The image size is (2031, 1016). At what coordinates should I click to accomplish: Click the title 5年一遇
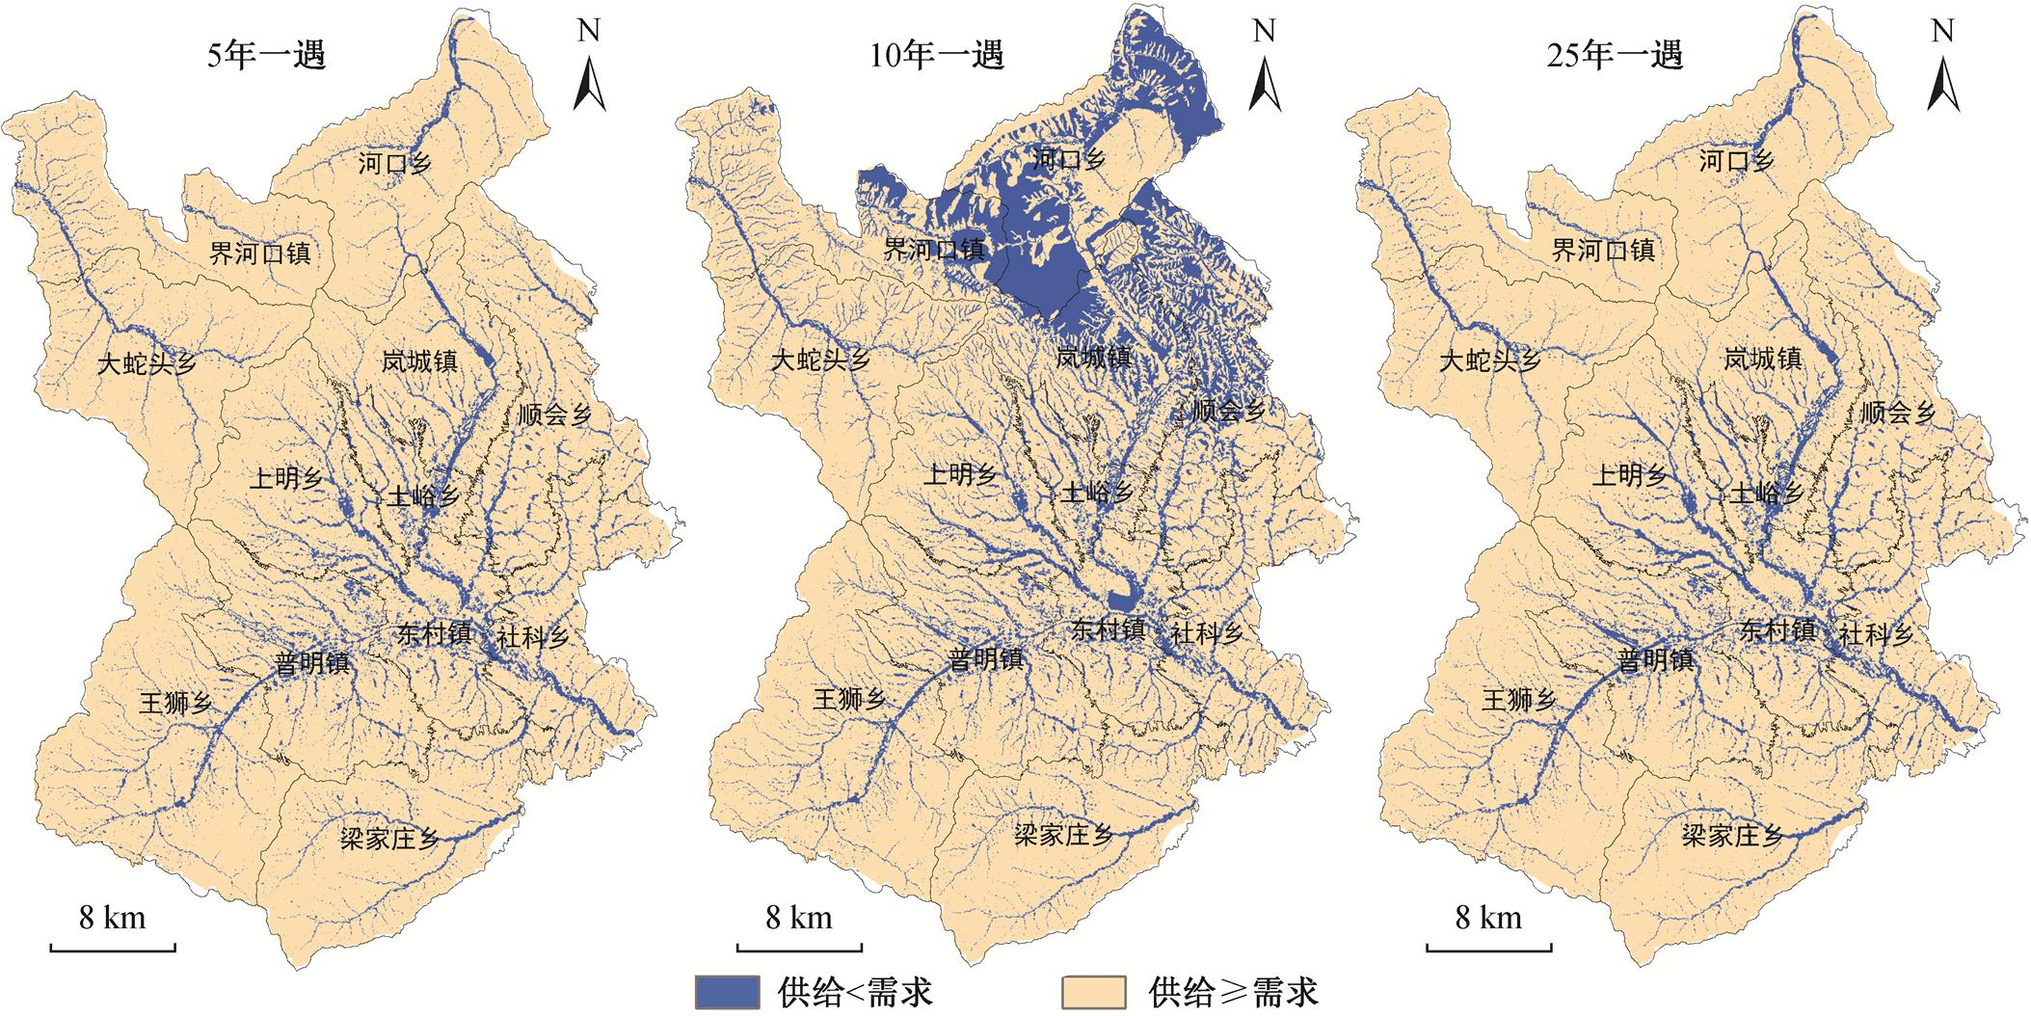tap(267, 55)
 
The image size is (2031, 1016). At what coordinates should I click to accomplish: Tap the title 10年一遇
tap(937, 55)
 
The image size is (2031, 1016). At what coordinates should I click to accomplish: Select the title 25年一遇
tap(1615, 55)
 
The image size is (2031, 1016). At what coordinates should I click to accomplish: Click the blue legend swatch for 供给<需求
tap(727, 992)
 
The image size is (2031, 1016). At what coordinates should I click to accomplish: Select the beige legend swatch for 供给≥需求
tap(1094, 992)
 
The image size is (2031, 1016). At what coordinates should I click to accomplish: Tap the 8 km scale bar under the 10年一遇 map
tap(800, 947)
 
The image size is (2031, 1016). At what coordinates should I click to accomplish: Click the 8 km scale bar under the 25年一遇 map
tap(1488, 947)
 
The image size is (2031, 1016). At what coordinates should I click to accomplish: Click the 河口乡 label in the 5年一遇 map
tap(394, 163)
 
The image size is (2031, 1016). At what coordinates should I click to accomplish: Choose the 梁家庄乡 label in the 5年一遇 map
tap(390, 838)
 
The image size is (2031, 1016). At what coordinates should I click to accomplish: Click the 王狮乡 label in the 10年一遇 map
tap(849, 700)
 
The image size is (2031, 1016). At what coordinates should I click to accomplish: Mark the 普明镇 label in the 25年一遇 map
tap(1655, 661)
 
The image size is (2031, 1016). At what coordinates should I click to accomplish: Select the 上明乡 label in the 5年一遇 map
tap(285, 478)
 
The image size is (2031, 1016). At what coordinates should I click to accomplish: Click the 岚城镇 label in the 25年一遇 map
tap(1763, 360)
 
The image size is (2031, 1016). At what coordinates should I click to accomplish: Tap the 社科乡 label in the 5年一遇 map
tap(533, 637)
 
